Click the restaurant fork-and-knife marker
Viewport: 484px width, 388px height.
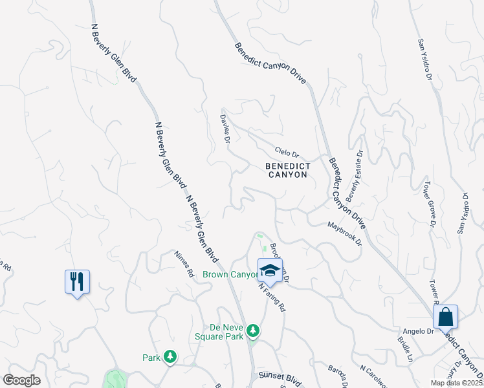pyautogui.click(x=77, y=281)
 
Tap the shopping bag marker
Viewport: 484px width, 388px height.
pyautogui.click(x=445, y=317)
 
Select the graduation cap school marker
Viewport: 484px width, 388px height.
pyautogui.click(x=270, y=270)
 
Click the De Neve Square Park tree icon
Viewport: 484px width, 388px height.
pyautogui.click(x=254, y=330)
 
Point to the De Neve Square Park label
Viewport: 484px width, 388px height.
pyautogui.click(x=219, y=332)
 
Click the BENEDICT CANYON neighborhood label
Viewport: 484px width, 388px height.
pyautogui.click(x=288, y=171)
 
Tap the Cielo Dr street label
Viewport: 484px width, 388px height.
pyautogui.click(x=287, y=153)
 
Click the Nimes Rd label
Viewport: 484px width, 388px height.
pyautogui.click(x=184, y=264)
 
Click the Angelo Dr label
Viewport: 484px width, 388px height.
pyautogui.click(x=421, y=331)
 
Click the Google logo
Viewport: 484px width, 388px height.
pyautogui.click(x=21, y=380)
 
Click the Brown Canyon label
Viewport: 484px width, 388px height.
pyautogui.click(x=230, y=274)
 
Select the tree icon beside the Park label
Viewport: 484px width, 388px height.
pyautogui.click(x=170, y=356)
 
